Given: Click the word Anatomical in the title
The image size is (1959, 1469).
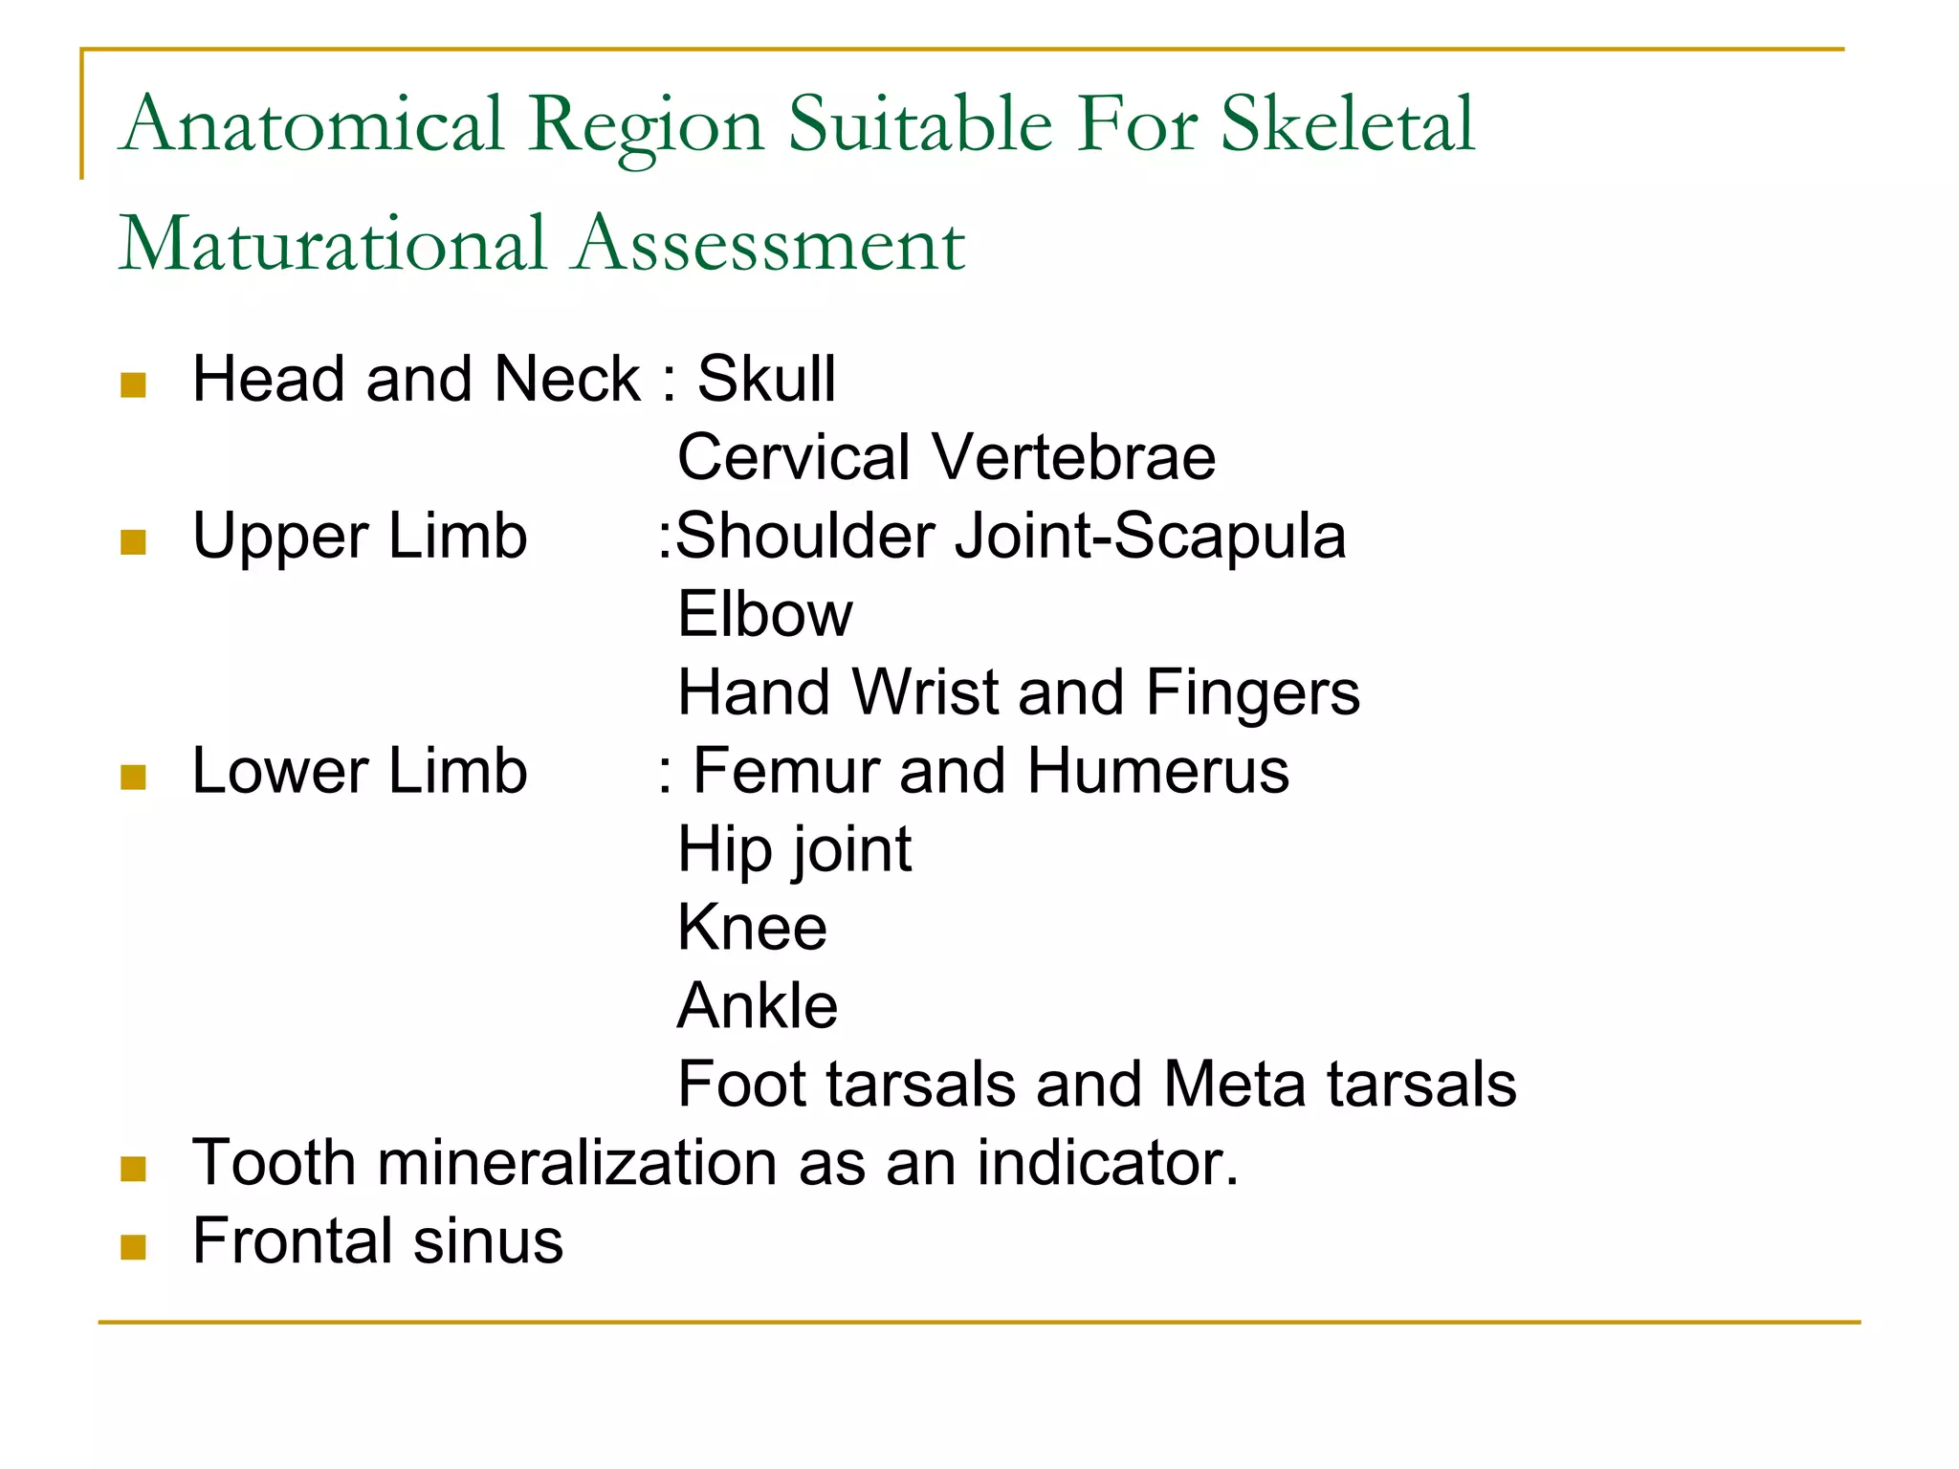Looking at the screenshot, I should coord(312,124).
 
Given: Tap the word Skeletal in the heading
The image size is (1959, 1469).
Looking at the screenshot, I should coord(1348,124).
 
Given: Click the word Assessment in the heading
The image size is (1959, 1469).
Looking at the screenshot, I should coord(770,244).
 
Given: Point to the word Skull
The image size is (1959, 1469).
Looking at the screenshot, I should coord(766,379).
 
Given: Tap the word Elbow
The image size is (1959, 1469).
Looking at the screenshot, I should coord(764,614).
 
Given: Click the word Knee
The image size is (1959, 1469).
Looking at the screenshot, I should coord(752,928).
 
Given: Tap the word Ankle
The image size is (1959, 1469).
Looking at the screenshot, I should coord(757,1006).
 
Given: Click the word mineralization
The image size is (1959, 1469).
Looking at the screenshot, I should coord(579,1163).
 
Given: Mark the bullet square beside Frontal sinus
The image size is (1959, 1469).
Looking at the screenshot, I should coord(134,1246).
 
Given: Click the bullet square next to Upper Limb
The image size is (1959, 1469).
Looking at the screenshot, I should coord(134,542).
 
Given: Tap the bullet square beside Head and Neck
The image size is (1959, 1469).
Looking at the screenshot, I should coord(134,385).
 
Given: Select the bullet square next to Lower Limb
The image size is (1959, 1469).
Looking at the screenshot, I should coord(134,777).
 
